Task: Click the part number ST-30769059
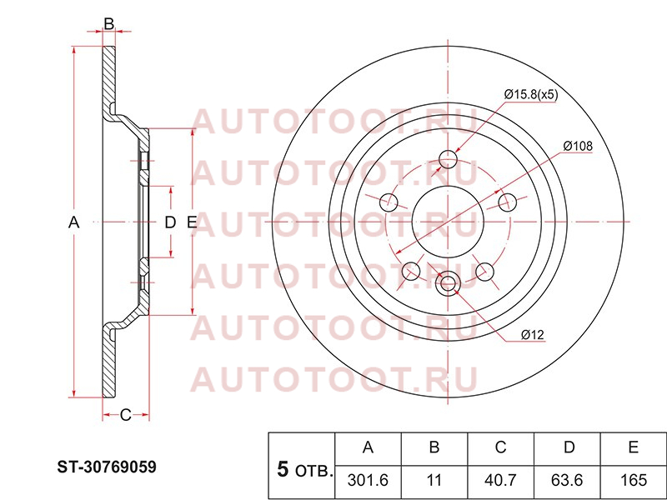[107, 467]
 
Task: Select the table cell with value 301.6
[368, 480]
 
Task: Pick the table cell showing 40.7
[500, 480]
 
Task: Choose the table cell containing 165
[634, 480]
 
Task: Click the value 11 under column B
[434, 480]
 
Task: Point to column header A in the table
[368, 447]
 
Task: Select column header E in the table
[634, 447]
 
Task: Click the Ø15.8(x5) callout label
[531, 94]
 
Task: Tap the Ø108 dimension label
[578, 147]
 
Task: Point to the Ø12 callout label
[533, 335]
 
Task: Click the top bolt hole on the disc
[448, 159]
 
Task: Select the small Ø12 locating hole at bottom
[448, 282]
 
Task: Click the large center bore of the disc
[448, 222]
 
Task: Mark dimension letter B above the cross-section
[109, 24]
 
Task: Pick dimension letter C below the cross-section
[126, 415]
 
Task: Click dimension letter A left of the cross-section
[74, 222]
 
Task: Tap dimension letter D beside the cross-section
[170, 222]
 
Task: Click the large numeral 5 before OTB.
[283, 470]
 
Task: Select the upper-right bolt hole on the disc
[507, 202]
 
